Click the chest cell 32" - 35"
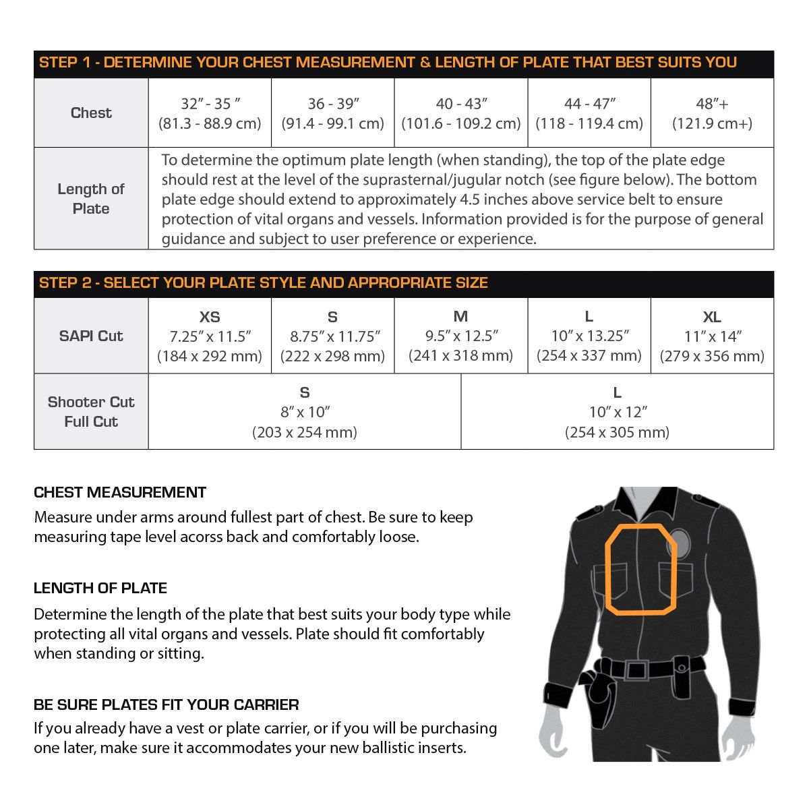click(210, 113)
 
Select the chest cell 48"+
click(712, 113)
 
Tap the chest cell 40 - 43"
click(461, 113)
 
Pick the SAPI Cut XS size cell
click(210, 336)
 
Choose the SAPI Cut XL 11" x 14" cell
click(712, 336)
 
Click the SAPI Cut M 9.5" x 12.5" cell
click(461, 336)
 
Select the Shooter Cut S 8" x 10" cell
click(305, 412)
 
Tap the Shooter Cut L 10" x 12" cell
click(617, 412)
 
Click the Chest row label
click(91, 113)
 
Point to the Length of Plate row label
click(91, 199)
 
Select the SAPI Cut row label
click(91, 336)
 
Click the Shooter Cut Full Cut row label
click(91, 412)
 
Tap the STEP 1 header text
click(388, 63)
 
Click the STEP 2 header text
click(263, 283)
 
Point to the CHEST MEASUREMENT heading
click(120, 492)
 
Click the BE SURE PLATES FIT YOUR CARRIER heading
click(166, 705)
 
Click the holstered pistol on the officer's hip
click(600, 694)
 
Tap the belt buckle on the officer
click(636, 669)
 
